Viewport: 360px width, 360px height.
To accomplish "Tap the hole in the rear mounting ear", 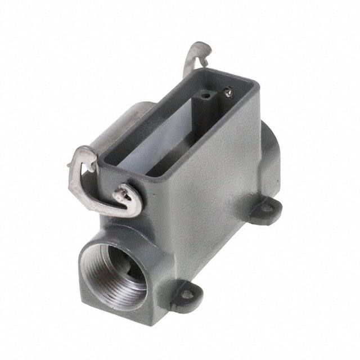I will (x=265, y=209).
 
